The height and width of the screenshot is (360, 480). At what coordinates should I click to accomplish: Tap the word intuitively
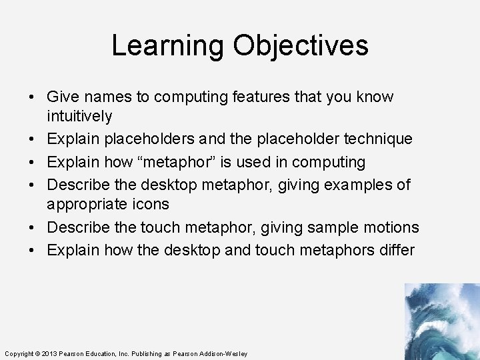coord(79,117)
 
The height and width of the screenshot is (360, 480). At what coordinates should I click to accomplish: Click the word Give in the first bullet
coord(63,97)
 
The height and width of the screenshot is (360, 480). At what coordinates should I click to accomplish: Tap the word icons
coord(150,204)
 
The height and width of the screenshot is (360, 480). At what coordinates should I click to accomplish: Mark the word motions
coord(393,227)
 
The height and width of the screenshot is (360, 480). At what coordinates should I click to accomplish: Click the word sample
coord(329,227)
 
